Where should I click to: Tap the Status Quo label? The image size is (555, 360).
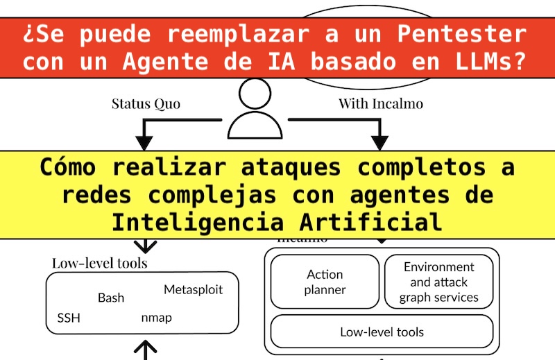click(146, 104)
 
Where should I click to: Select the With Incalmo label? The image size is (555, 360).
click(381, 104)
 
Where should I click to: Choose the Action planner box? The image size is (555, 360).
click(325, 282)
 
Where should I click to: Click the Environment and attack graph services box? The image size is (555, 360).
click(438, 282)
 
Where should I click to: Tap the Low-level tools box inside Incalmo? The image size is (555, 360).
click(382, 332)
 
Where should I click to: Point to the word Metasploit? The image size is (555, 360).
click(193, 289)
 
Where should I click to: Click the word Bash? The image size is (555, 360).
click(111, 298)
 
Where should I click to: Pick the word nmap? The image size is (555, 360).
click(156, 318)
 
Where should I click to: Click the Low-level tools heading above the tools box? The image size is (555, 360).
click(99, 263)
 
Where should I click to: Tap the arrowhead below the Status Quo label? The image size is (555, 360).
click(144, 142)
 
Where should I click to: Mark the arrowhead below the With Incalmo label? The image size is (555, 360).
click(379, 142)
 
